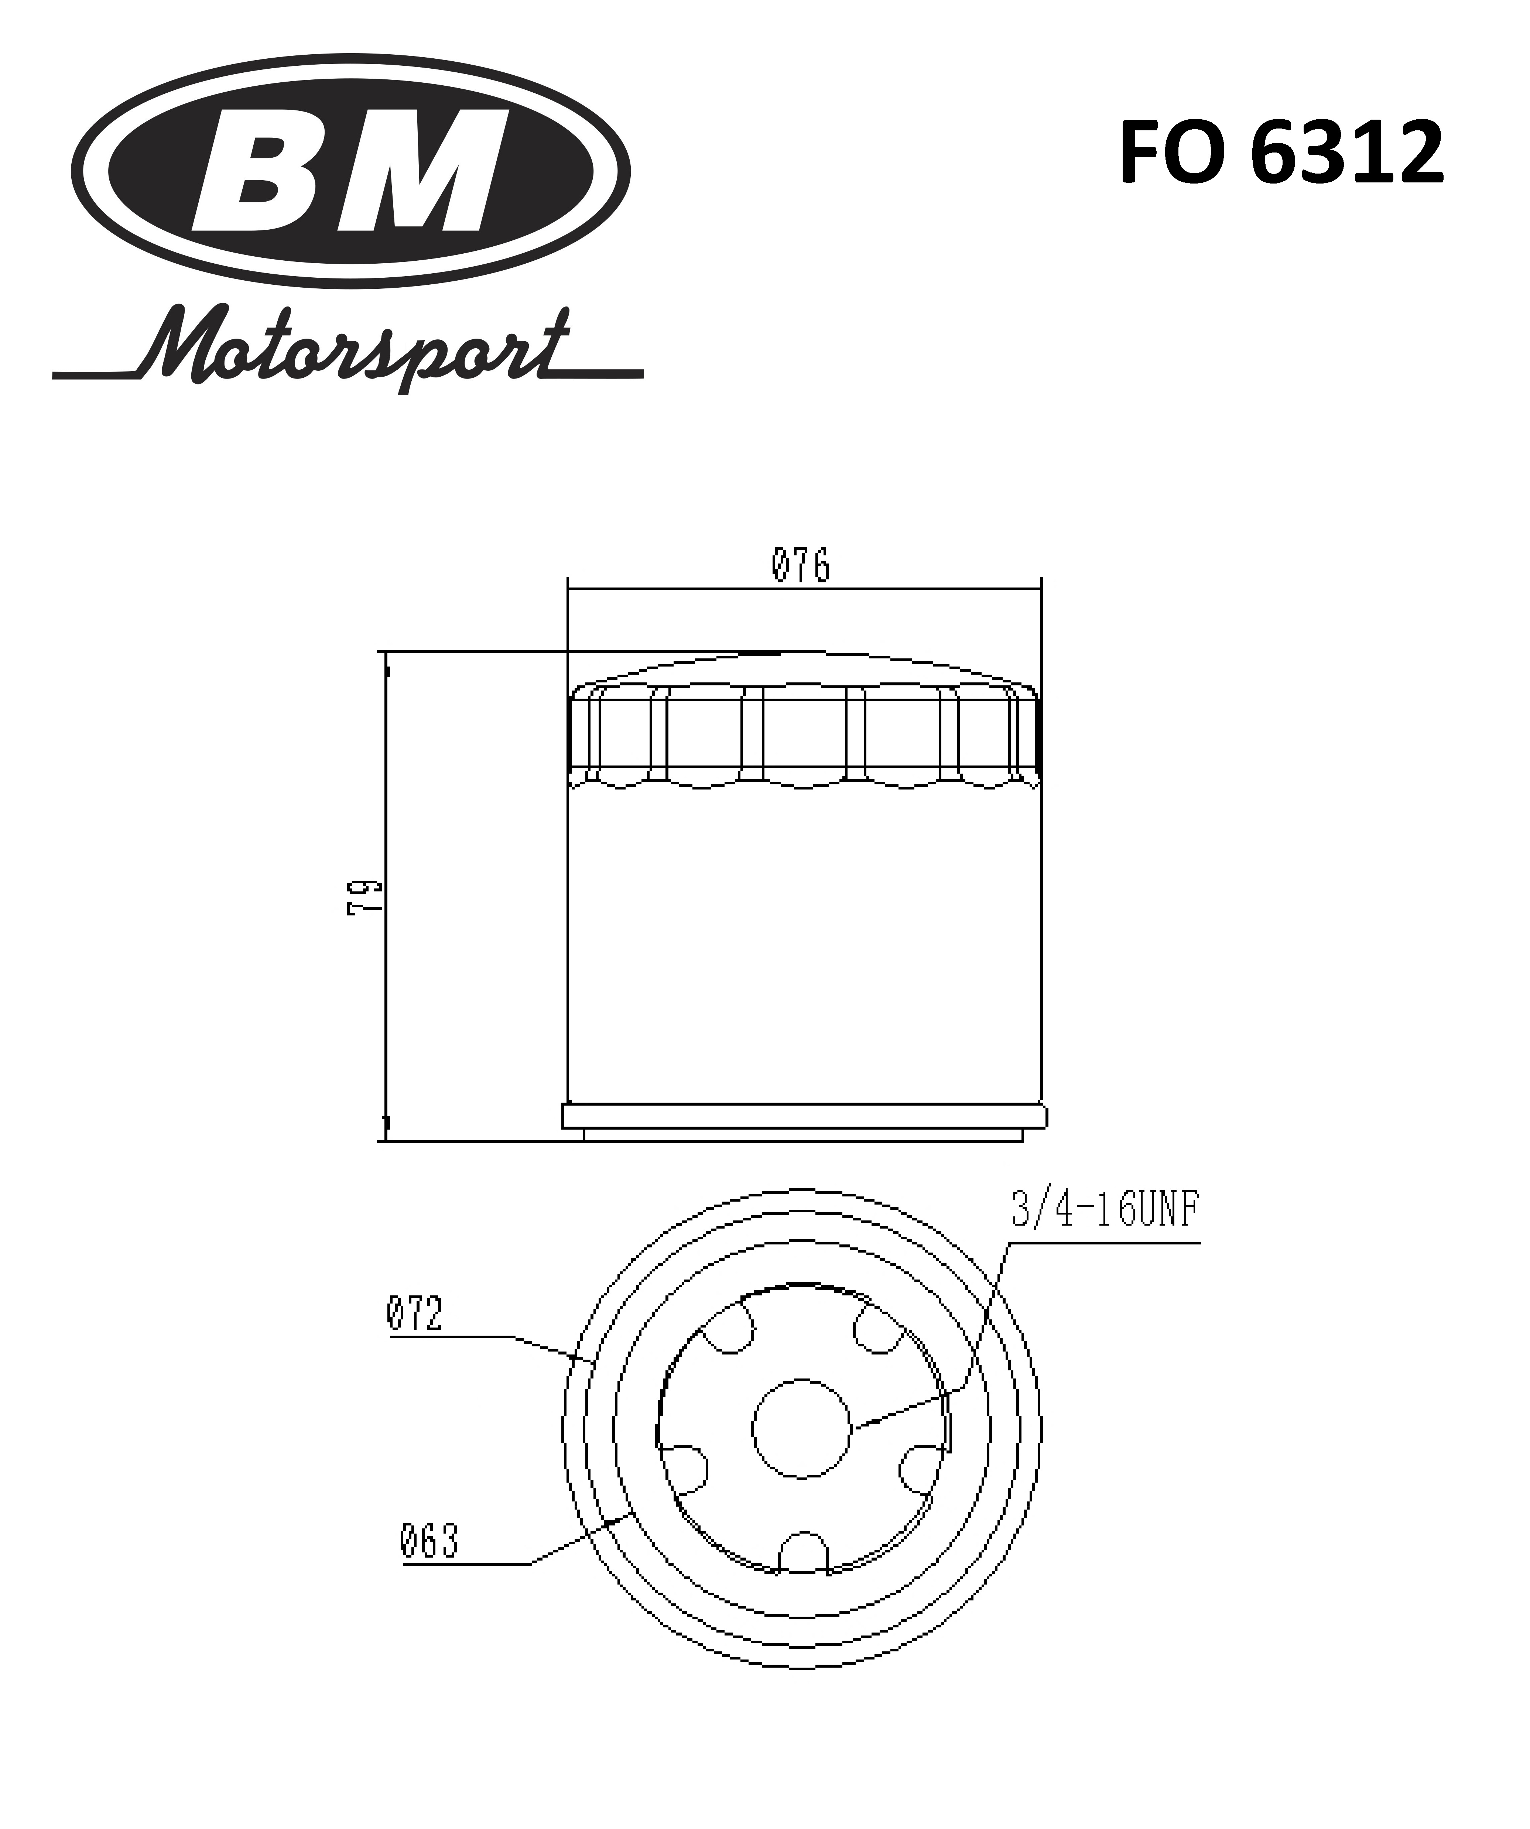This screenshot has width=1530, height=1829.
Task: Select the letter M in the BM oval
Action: click(x=422, y=171)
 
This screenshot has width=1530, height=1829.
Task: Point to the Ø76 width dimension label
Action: click(x=800, y=566)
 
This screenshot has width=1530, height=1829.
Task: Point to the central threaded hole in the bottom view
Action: click(x=800, y=1428)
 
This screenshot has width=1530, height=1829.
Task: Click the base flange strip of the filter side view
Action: click(x=805, y=1116)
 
